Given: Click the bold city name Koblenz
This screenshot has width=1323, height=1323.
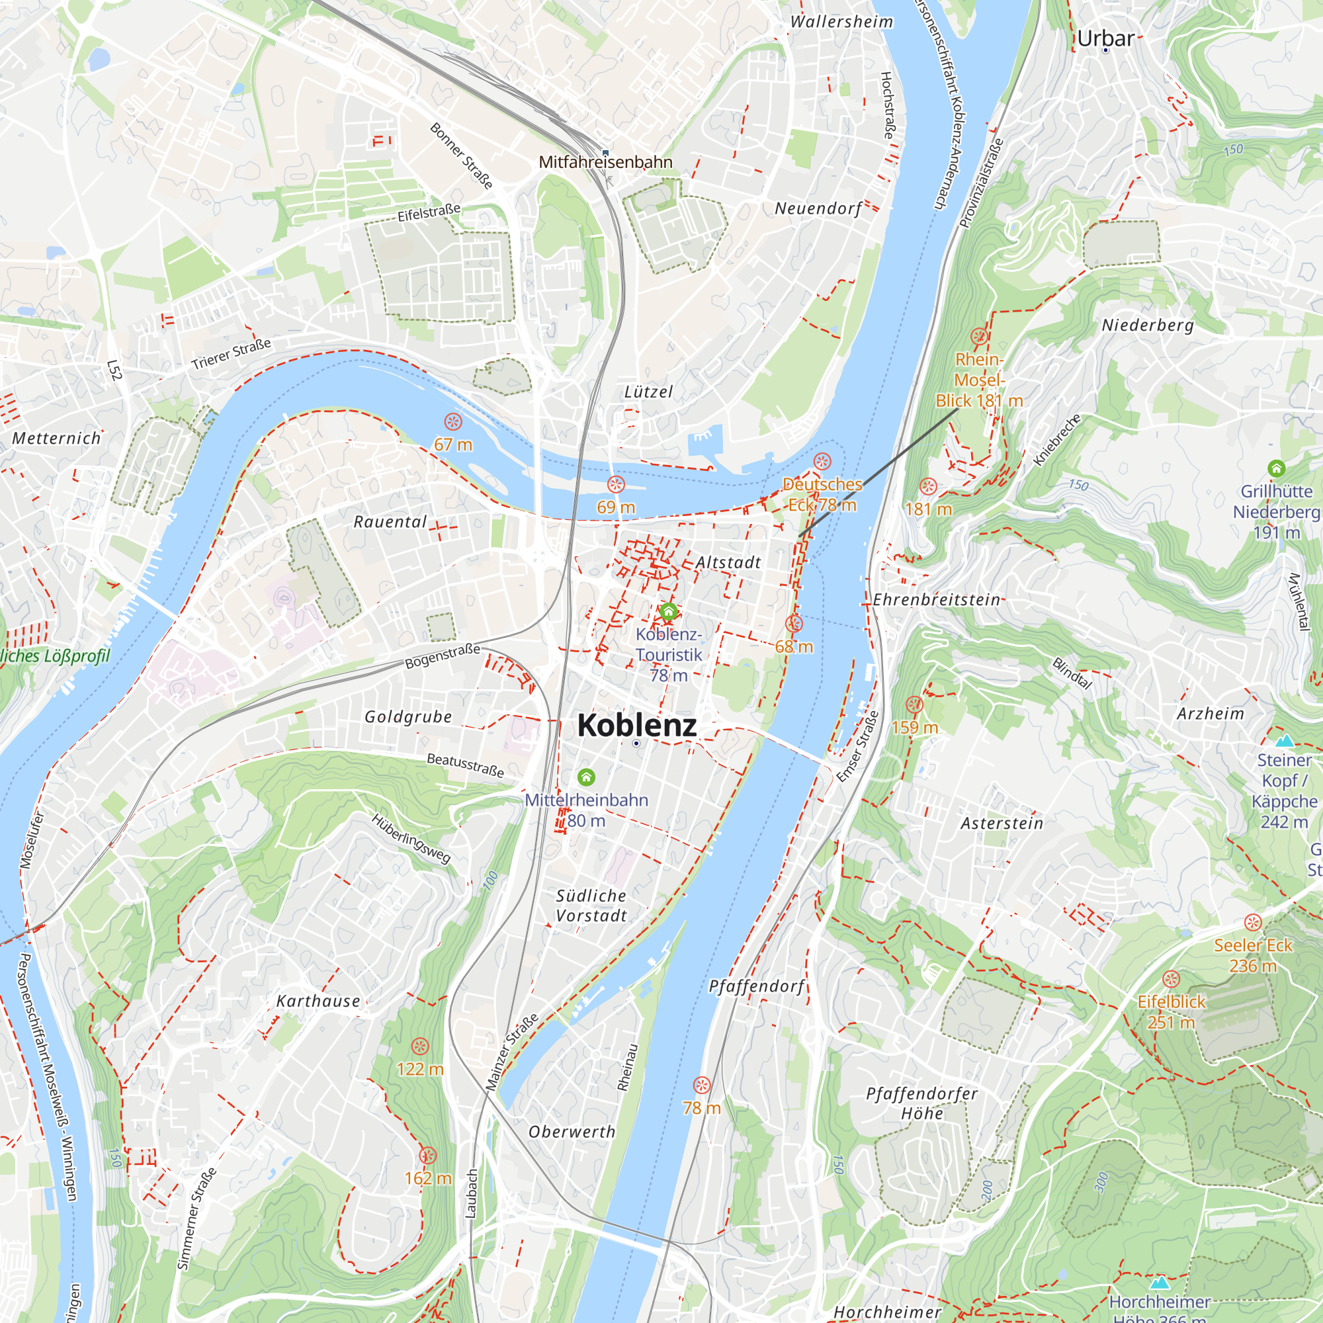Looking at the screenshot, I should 636,724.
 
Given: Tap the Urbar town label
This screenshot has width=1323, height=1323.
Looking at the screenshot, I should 1105,38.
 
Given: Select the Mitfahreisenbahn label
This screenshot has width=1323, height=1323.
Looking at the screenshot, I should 605,162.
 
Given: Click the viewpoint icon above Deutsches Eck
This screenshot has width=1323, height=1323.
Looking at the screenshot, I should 822,461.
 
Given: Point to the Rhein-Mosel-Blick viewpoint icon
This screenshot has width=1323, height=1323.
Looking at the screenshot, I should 979,336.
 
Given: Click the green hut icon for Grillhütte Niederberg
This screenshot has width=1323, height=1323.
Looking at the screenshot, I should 1276,468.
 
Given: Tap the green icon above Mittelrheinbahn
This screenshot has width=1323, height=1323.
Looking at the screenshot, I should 586,777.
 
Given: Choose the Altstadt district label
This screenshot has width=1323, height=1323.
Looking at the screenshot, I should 728,562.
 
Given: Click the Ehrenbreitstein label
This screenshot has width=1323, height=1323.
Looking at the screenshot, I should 936,600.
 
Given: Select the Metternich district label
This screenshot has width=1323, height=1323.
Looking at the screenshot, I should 56,439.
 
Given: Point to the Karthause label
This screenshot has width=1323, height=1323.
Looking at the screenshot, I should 318,1001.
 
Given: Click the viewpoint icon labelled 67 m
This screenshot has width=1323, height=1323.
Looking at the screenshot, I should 452,422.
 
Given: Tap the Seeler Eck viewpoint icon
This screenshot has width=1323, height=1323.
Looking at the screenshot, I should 1252,922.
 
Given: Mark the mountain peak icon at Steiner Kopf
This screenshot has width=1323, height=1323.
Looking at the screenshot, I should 1284,740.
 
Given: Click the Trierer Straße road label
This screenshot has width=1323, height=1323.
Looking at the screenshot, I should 231,354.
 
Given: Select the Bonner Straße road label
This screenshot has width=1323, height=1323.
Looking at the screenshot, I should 461,155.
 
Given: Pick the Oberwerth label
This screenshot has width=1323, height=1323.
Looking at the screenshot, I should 572,1132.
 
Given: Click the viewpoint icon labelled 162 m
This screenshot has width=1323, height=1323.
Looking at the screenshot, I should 427,1156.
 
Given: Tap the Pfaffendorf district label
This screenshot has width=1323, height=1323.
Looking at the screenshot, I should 757,986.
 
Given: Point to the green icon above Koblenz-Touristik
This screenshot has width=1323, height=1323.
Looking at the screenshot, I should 668,611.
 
